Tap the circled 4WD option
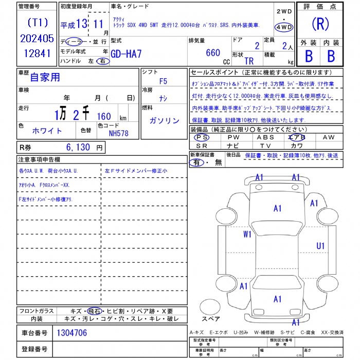(x=284, y=27)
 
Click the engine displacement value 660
(x=212, y=52)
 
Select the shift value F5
(x=163, y=81)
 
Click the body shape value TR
(x=249, y=60)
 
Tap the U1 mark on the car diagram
(x=320, y=246)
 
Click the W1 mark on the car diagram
(x=248, y=234)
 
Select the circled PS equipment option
(x=201, y=137)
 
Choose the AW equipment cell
(x=328, y=137)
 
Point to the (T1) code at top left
(x=37, y=22)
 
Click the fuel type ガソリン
(x=164, y=121)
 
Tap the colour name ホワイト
(x=47, y=131)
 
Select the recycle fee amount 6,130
(x=78, y=148)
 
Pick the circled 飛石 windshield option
(x=94, y=311)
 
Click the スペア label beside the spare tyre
(x=211, y=319)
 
